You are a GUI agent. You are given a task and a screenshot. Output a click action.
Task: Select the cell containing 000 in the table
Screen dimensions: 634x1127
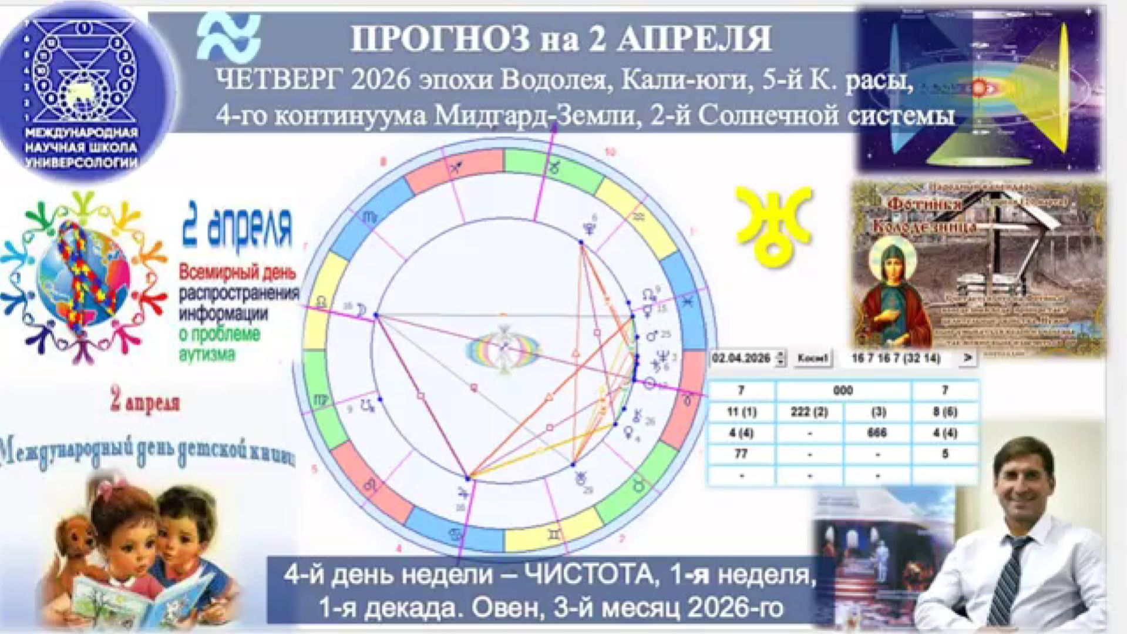click(x=843, y=391)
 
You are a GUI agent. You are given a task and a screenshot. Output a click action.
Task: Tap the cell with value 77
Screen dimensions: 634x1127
click(x=741, y=454)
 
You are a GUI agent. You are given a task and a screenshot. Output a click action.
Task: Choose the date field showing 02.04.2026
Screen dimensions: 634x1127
click(x=741, y=358)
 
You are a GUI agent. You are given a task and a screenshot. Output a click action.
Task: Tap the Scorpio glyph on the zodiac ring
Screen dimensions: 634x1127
click(x=371, y=217)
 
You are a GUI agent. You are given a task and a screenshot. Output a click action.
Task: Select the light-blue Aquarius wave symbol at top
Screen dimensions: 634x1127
click(x=228, y=36)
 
